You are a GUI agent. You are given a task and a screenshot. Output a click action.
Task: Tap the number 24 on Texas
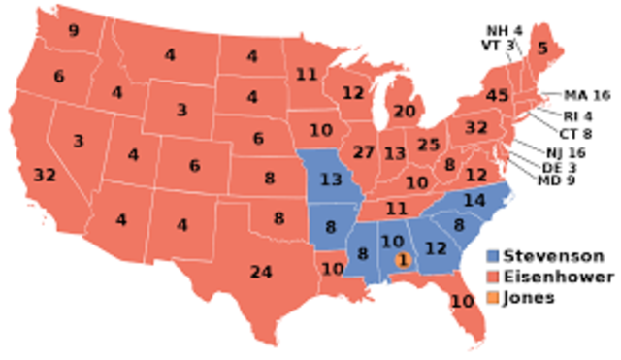pos(260,272)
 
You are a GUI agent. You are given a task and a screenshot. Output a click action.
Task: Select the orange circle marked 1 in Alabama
pos(403,259)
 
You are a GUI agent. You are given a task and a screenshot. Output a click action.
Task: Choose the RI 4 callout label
pos(579,116)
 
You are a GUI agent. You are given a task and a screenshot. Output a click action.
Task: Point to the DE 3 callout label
pos(555,167)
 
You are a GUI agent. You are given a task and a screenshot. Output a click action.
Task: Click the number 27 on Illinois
pos(364,153)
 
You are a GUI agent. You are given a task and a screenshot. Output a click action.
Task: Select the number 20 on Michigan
pos(405,111)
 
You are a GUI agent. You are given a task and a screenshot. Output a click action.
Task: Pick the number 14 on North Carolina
pos(474,201)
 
